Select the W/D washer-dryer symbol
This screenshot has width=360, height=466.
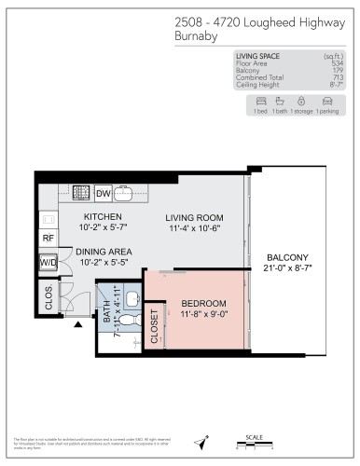pos(48,264)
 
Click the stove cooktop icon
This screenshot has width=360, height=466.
pos(81,193)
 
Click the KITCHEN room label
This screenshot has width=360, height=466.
pos(90,217)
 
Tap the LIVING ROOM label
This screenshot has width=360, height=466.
pos(197,217)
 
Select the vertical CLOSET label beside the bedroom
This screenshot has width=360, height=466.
pos(155,327)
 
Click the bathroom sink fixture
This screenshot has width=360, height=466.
pos(132,299)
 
